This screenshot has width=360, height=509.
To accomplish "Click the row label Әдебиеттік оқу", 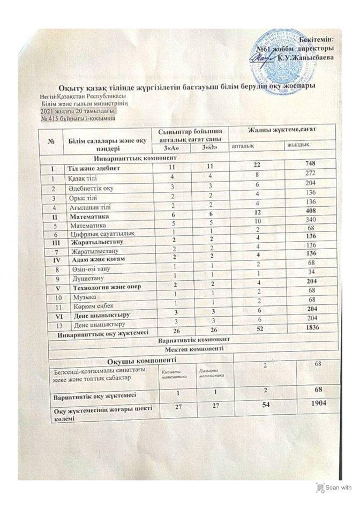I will click(90, 188).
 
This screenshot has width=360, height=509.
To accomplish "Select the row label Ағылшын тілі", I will click(87, 208).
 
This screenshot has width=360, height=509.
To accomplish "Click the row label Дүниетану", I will click(85, 278).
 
